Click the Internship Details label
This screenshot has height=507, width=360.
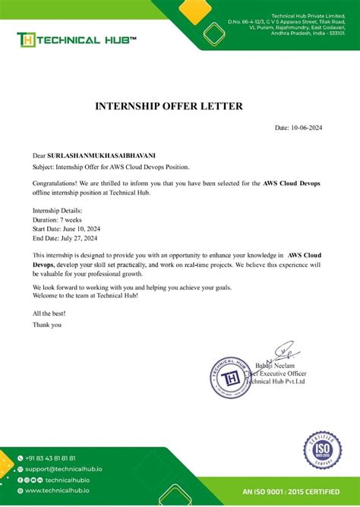click(x=58, y=209)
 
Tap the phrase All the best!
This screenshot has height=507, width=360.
click(x=49, y=313)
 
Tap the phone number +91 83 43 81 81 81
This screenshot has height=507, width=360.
click(x=50, y=458)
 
